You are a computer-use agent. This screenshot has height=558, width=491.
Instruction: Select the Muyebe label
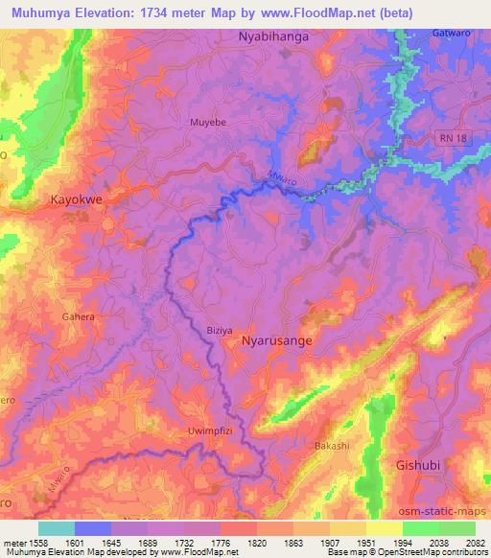click(x=207, y=123)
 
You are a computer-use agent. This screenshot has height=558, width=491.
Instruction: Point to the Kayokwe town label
click(x=77, y=200)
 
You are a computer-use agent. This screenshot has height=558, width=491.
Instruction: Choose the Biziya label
click(x=220, y=330)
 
